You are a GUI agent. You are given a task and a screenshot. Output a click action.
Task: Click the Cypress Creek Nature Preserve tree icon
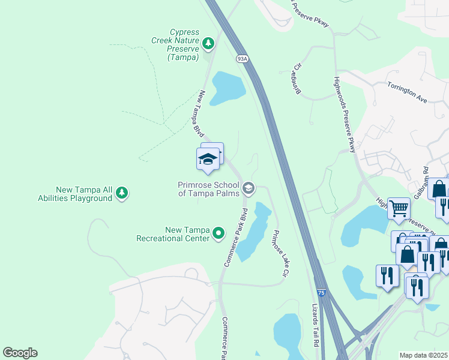click(208, 43)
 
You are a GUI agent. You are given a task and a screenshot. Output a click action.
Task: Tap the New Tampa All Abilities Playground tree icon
click(122, 193)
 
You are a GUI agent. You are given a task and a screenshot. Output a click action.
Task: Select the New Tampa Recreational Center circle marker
click(219, 233)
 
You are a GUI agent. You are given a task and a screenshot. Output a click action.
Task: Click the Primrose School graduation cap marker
click(248, 189)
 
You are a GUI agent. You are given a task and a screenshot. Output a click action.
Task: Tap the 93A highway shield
click(242, 59)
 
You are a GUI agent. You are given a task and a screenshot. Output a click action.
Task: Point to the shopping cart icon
click(399, 209)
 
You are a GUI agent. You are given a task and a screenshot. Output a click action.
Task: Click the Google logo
click(20, 353)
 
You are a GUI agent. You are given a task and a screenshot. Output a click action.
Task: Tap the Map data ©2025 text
click(423, 355)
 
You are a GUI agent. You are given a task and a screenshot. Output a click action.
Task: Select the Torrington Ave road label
click(407, 93)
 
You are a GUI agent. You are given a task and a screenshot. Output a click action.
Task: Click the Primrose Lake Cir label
click(278, 253)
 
